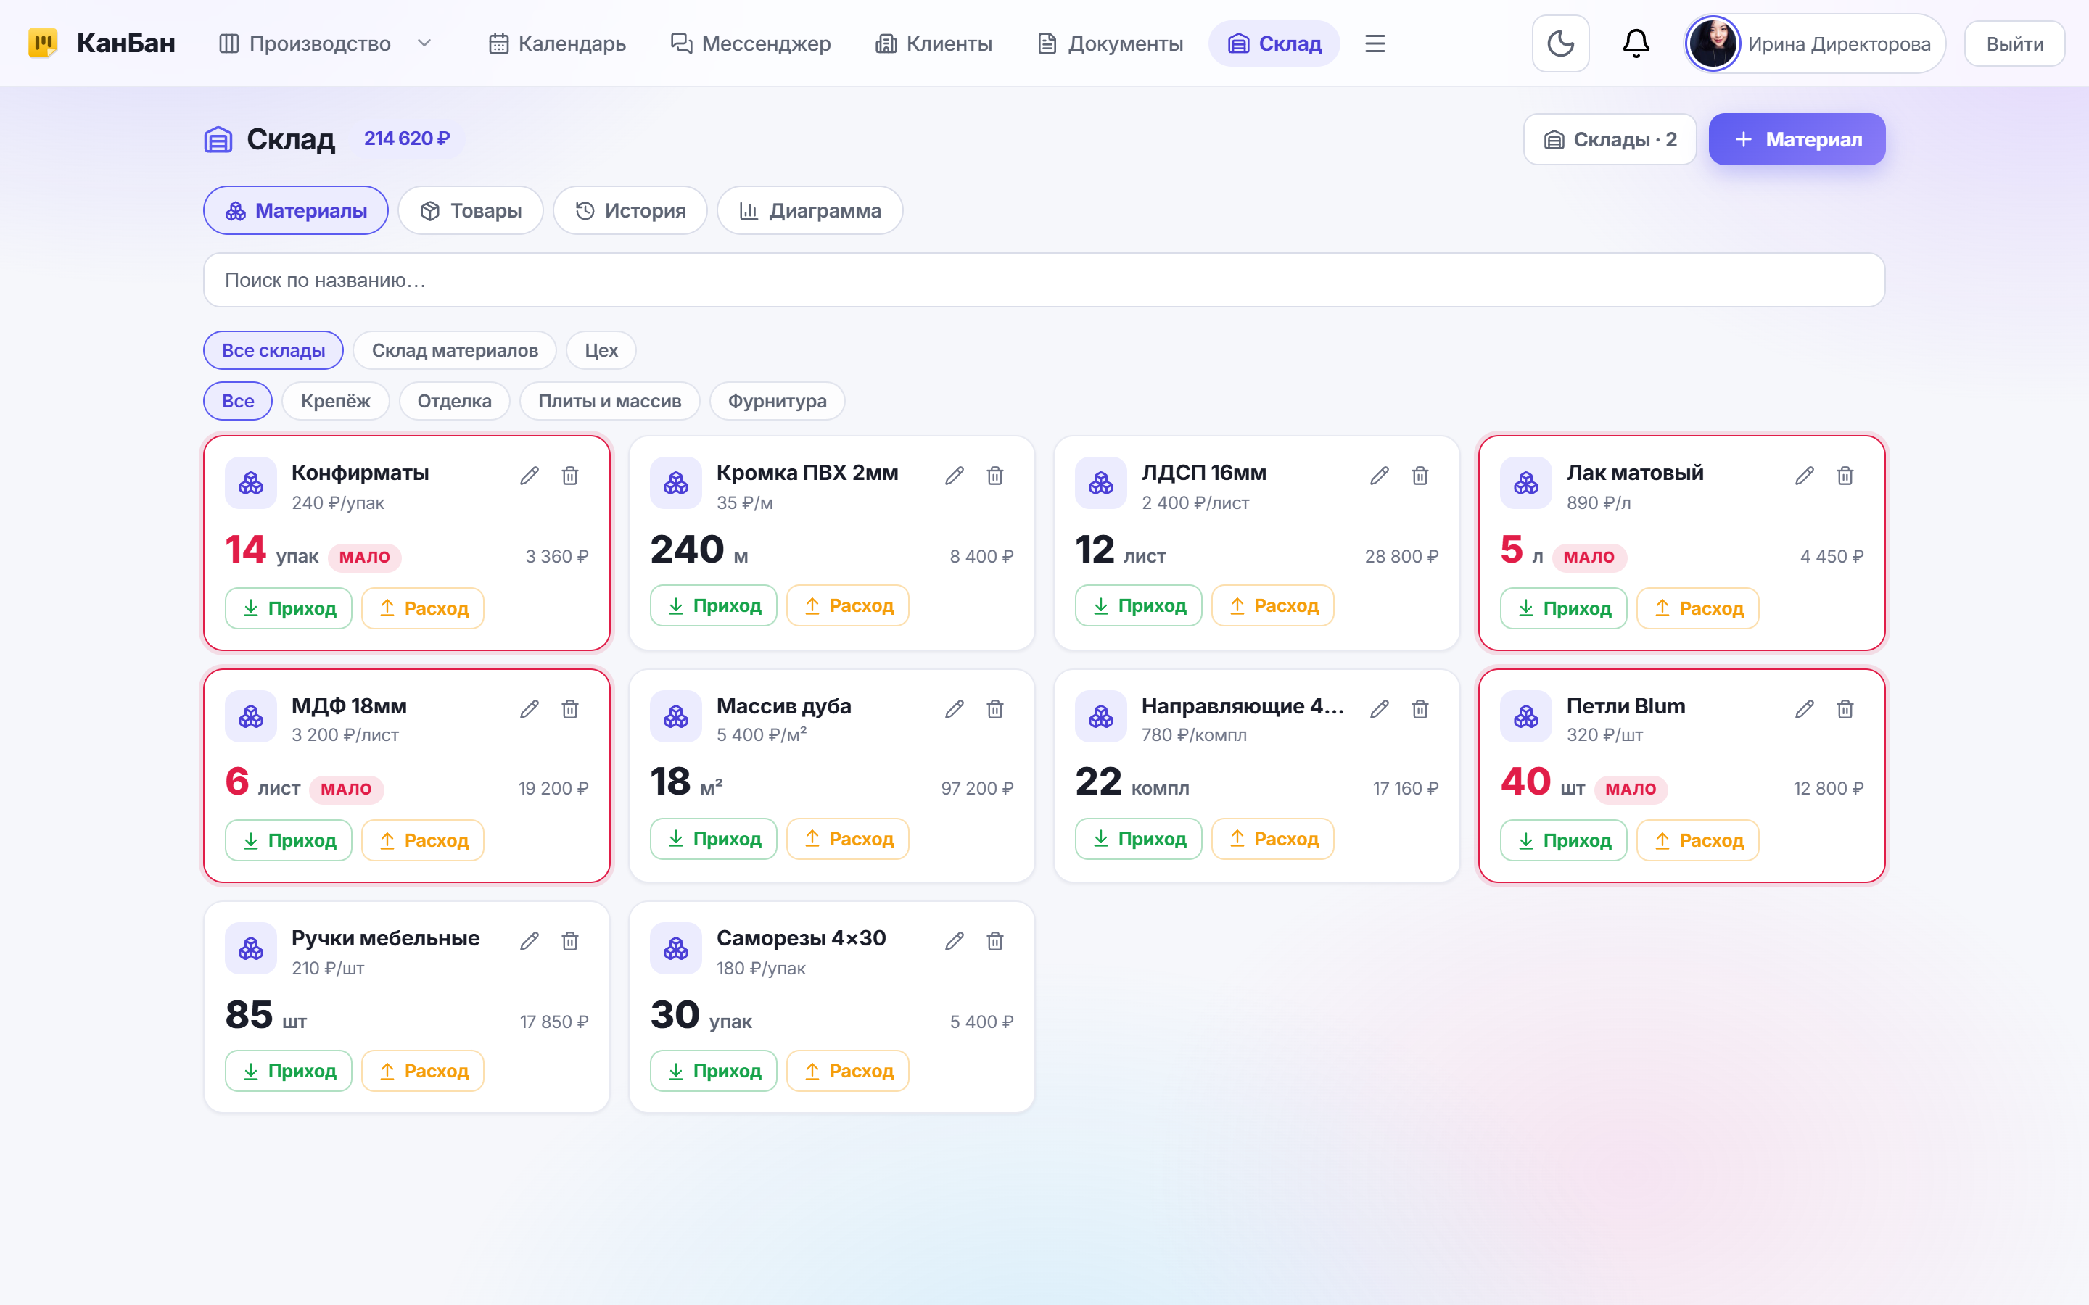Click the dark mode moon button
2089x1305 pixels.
1559,43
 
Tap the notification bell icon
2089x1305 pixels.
1636,43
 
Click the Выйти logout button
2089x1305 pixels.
2014,43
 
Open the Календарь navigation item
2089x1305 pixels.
557,43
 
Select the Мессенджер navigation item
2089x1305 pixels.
750,43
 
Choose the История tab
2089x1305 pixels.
630,210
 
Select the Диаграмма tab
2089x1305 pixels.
809,210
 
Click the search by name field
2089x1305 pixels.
1044,280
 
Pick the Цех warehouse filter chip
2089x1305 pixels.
601,350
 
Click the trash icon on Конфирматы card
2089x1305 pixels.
569,476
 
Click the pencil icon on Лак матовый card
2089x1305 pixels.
1804,476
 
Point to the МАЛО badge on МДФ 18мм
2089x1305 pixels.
346,789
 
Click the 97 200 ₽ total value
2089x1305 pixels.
977,788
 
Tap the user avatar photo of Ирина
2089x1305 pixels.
1713,43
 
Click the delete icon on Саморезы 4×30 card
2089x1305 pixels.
994,941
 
